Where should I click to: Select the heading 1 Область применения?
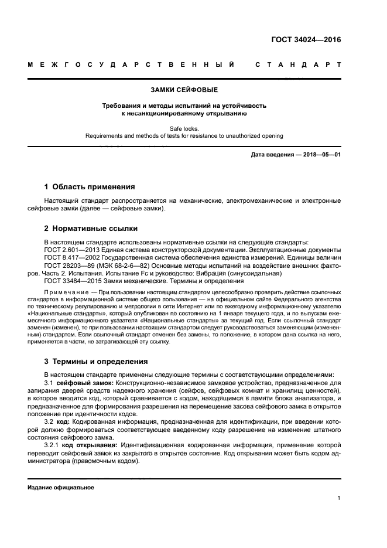pos(90,187)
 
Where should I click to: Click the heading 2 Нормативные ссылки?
pos(91,228)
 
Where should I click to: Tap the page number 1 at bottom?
pos(339,498)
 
